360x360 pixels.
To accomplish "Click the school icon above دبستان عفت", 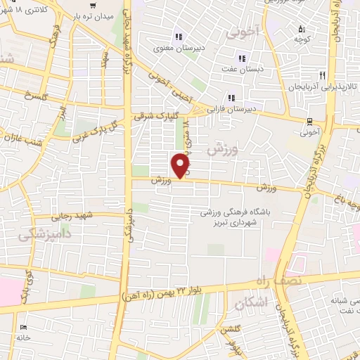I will [242, 58].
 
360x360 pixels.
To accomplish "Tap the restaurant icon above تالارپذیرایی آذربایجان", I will [323, 75].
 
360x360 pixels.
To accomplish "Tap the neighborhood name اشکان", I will [249, 304].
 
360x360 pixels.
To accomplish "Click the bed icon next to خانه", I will [25, 328].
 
